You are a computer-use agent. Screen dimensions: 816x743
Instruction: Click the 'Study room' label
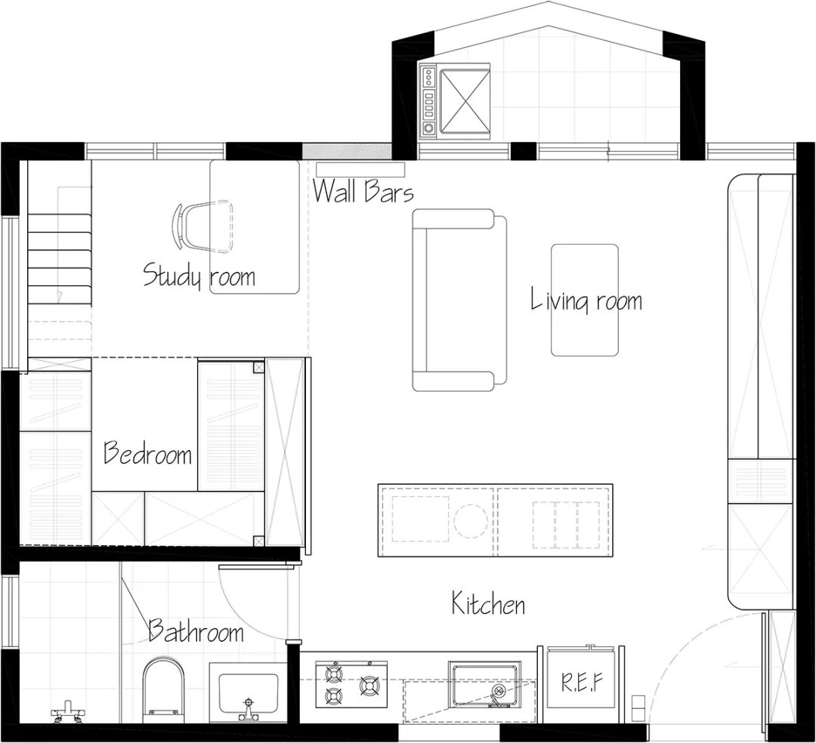click(x=199, y=276)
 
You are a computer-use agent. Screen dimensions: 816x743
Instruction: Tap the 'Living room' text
click(x=586, y=300)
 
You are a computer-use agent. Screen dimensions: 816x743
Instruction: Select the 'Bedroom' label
click(x=148, y=452)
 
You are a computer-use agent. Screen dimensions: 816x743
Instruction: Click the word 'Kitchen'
click(x=488, y=603)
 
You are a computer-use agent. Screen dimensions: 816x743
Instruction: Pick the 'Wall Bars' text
click(x=363, y=191)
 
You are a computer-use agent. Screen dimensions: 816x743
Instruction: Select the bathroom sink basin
click(x=249, y=694)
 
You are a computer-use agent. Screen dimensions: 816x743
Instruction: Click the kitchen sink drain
click(x=499, y=691)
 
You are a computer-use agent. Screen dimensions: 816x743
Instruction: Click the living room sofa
click(x=459, y=300)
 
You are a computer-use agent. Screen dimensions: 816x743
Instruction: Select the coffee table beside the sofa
click(x=585, y=300)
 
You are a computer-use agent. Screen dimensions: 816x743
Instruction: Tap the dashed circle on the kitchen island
click(x=471, y=520)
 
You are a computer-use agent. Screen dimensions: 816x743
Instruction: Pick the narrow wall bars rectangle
click(x=360, y=169)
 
